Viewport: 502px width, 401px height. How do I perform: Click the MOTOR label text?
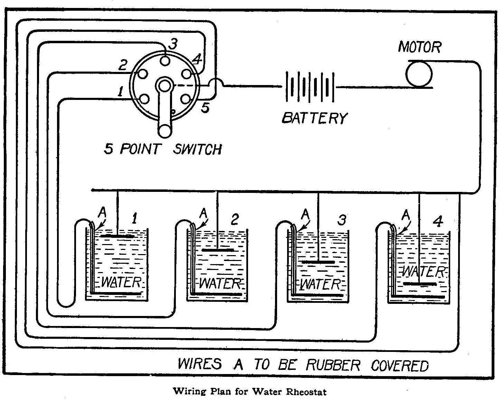coord(419,47)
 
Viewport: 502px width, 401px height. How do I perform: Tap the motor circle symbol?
coord(418,74)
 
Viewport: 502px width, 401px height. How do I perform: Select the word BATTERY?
coord(314,118)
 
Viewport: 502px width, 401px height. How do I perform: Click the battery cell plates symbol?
coord(310,87)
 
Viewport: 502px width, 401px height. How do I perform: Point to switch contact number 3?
coord(166,60)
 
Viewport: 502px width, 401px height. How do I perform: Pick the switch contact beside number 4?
coord(187,74)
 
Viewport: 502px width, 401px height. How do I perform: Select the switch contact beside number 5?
coord(186,99)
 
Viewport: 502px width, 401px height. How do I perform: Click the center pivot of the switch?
coord(164,85)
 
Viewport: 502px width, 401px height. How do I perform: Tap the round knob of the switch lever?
coord(164,131)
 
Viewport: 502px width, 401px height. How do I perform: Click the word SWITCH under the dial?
coord(197,149)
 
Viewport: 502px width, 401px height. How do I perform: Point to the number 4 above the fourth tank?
coord(438,222)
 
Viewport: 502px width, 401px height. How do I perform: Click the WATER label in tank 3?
coord(321,284)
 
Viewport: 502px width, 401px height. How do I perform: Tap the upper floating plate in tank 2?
coord(218,250)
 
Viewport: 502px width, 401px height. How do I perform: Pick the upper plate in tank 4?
coord(419,284)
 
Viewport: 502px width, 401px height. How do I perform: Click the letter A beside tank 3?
coord(305,214)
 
